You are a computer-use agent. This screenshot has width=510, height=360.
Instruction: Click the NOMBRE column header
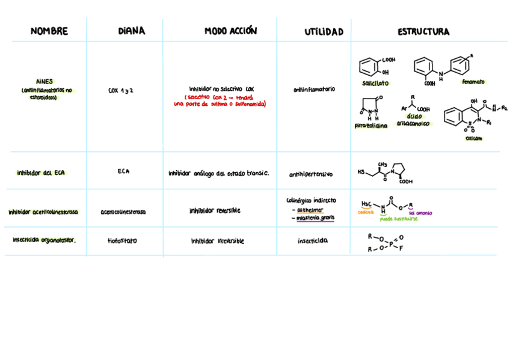[x=49, y=31]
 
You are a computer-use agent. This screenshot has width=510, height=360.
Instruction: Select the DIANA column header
[x=131, y=31]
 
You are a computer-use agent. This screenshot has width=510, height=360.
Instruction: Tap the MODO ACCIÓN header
[x=230, y=31]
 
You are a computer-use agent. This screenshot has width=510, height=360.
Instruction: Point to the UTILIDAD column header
[x=324, y=32]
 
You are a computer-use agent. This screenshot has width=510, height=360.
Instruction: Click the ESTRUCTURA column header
[x=423, y=32]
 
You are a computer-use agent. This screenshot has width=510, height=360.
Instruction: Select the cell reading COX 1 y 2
[x=121, y=91]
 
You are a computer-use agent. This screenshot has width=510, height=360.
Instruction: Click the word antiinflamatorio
[x=314, y=90]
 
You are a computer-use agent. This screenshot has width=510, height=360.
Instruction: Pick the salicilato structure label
[x=375, y=83]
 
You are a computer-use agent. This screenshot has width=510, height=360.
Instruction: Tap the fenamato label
[x=473, y=82]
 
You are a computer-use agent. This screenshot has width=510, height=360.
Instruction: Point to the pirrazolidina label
[x=371, y=126]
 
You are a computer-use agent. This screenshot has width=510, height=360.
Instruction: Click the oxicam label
[x=473, y=138]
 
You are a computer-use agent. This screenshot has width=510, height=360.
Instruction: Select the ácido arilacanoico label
[x=413, y=120]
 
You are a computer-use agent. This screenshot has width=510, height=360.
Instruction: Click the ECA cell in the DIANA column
[x=123, y=172]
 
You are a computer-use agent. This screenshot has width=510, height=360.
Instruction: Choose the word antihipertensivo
[x=310, y=175]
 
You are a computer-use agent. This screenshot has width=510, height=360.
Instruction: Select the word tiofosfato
[x=122, y=241]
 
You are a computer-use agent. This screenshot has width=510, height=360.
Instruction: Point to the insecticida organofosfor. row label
[x=44, y=240]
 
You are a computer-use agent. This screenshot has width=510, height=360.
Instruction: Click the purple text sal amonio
[x=420, y=213]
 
